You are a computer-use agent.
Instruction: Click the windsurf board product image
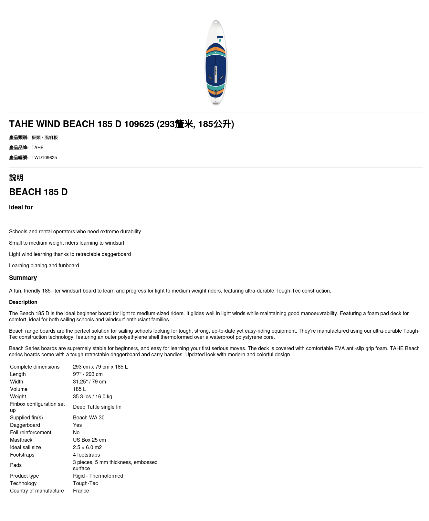[216, 63]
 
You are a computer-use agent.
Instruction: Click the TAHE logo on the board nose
[220, 39]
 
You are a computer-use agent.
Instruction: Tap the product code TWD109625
[44, 158]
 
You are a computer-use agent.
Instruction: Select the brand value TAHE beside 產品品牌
[37, 148]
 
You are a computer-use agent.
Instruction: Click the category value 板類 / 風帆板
[45, 138]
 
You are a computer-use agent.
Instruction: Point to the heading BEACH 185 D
[38, 192]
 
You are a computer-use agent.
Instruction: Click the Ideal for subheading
[21, 207]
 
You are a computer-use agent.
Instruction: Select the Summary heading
[23, 278]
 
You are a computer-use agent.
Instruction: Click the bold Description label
[23, 302]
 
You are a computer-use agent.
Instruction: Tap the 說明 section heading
[16, 178]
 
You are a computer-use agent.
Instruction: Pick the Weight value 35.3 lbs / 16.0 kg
[93, 396]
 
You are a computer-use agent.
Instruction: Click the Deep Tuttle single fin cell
[97, 407]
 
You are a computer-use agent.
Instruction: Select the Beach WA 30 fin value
[89, 417]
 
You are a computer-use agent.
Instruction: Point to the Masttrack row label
[21, 440]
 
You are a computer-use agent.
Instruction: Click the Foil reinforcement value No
[76, 432]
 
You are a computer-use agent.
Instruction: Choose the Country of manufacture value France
[81, 491]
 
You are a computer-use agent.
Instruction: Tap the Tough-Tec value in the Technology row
[86, 483]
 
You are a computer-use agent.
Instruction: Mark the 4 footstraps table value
[87, 455]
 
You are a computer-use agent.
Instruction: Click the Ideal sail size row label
[26, 447]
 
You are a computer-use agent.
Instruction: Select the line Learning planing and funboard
[44, 265]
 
